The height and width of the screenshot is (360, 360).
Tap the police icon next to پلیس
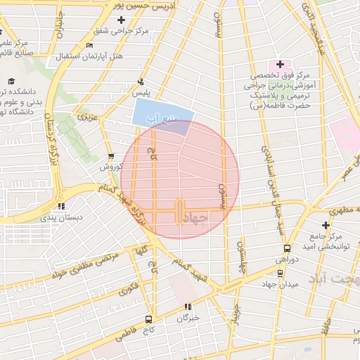pos(141,81)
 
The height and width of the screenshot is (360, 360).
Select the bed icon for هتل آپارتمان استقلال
pos(89,46)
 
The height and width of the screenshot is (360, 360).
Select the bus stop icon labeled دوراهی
pos(286,248)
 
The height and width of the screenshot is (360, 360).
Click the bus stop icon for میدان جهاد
pos(281,273)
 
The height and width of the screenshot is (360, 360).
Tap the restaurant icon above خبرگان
pos(188,306)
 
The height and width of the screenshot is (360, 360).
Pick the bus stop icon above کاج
pos(148,319)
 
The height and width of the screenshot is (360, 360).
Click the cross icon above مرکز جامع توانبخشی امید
pos(325,224)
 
